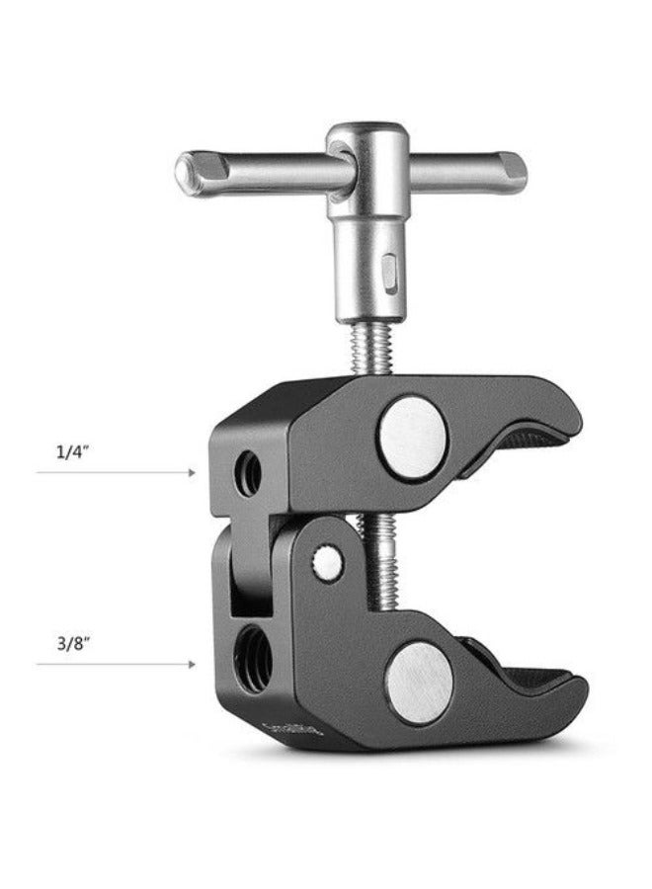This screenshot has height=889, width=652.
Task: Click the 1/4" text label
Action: click(71, 453)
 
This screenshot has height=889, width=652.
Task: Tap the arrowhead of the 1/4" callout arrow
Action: click(193, 473)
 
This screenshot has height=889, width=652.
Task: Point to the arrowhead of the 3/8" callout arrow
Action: click(193, 665)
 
